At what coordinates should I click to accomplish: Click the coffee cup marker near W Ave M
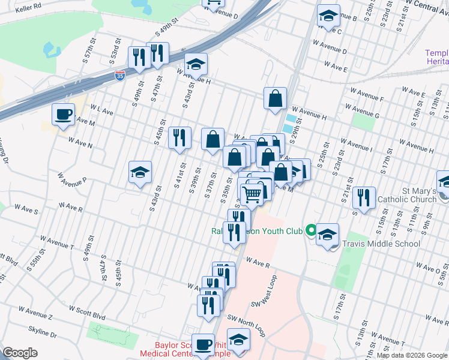tap(63, 114)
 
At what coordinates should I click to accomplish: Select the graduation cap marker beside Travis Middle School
tap(327, 235)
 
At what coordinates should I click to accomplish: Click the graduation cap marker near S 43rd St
tap(140, 173)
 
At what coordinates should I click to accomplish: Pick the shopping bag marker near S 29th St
tap(274, 99)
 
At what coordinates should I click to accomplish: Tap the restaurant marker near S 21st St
tap(364, 198)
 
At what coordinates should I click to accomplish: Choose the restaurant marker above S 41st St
tap(179, 138)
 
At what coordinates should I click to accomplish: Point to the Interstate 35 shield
tap(120, 76)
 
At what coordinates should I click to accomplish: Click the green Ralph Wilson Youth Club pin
tap(310, 230)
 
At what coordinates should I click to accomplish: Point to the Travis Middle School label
tap(381, 244)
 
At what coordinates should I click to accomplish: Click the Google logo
tap(20, 353)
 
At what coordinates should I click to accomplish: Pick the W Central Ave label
tap(427, 6)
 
